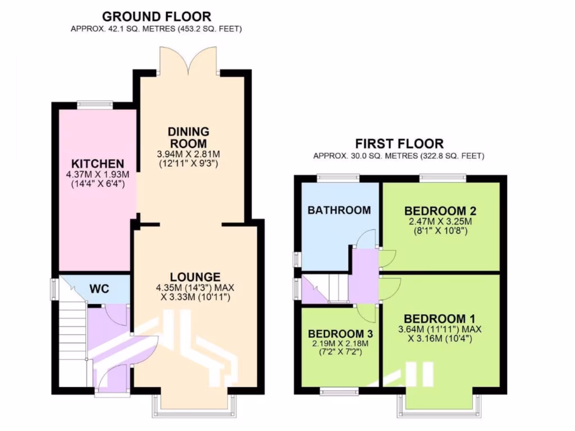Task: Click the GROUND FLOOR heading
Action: pos(157,16)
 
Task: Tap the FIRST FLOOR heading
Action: pos(399,144)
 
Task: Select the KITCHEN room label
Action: pos(94,163)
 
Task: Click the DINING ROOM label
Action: pos(188,137)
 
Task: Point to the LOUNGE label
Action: pos(195,277)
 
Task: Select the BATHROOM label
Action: pos(339,210)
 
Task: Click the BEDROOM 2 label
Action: pos(440,211)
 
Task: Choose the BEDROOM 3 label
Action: pos(336,333)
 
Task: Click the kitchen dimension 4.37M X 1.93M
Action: pos(94,175)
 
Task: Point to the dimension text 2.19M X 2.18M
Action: pos(336,343)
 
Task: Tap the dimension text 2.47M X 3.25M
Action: pos(440,222)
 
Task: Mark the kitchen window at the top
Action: pos(94,104)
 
